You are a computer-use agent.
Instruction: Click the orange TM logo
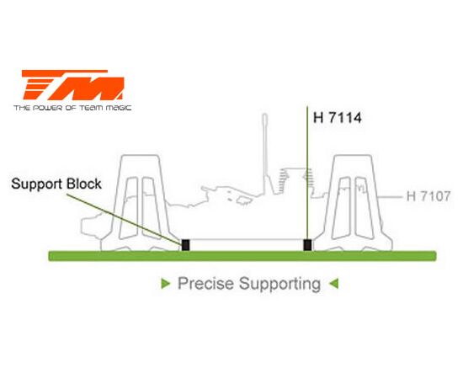[x=72, y=85]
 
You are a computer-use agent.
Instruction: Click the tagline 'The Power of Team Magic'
[x=72, y=108]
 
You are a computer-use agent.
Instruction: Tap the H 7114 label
[x=338, y=118]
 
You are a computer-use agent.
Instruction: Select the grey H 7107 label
[x=428, y=196]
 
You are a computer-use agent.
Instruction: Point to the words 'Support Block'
[x=56, y=184]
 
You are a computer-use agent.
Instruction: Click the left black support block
[x=185, y=245]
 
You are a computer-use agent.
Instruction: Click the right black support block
[x=307, y=245]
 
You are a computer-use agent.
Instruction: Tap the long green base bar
[x=242, y=256]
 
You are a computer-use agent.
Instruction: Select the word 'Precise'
[x=205, y=284]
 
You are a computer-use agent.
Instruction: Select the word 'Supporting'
[x=280, y=284]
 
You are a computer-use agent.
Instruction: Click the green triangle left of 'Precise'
[x=166, y=284]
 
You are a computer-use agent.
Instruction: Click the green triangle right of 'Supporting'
[x=333, y=284]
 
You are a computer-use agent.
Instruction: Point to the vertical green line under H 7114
[x=307, y=173]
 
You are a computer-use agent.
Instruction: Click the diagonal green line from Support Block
[x=124, y=219]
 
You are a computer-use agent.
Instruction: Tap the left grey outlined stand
[x=141, y=203]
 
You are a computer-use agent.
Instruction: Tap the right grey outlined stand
[x=353, y=203]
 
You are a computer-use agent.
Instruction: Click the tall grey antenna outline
[x=265, y=153]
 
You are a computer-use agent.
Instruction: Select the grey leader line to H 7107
[x=390, y=196]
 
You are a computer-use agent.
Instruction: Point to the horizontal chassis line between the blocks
[x=247, y=239]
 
